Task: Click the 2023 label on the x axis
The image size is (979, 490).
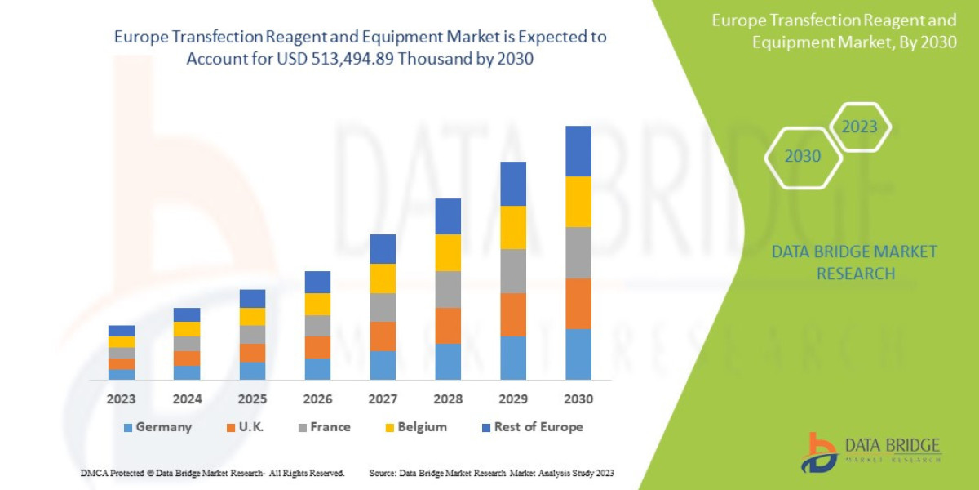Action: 121,399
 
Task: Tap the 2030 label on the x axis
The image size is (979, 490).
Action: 578,399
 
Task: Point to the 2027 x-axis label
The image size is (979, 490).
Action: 382,399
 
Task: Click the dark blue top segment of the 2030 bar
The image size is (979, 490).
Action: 578,151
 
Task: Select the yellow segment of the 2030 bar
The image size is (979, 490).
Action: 578,202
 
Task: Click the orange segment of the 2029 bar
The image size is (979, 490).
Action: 512,314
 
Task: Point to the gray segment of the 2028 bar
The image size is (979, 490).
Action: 447,289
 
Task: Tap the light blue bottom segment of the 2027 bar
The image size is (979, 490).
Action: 382,365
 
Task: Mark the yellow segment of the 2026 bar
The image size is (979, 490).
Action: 317,304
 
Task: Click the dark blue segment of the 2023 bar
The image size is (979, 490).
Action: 121,331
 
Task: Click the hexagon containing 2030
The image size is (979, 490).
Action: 803,156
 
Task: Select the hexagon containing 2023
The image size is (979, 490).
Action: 859,127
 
